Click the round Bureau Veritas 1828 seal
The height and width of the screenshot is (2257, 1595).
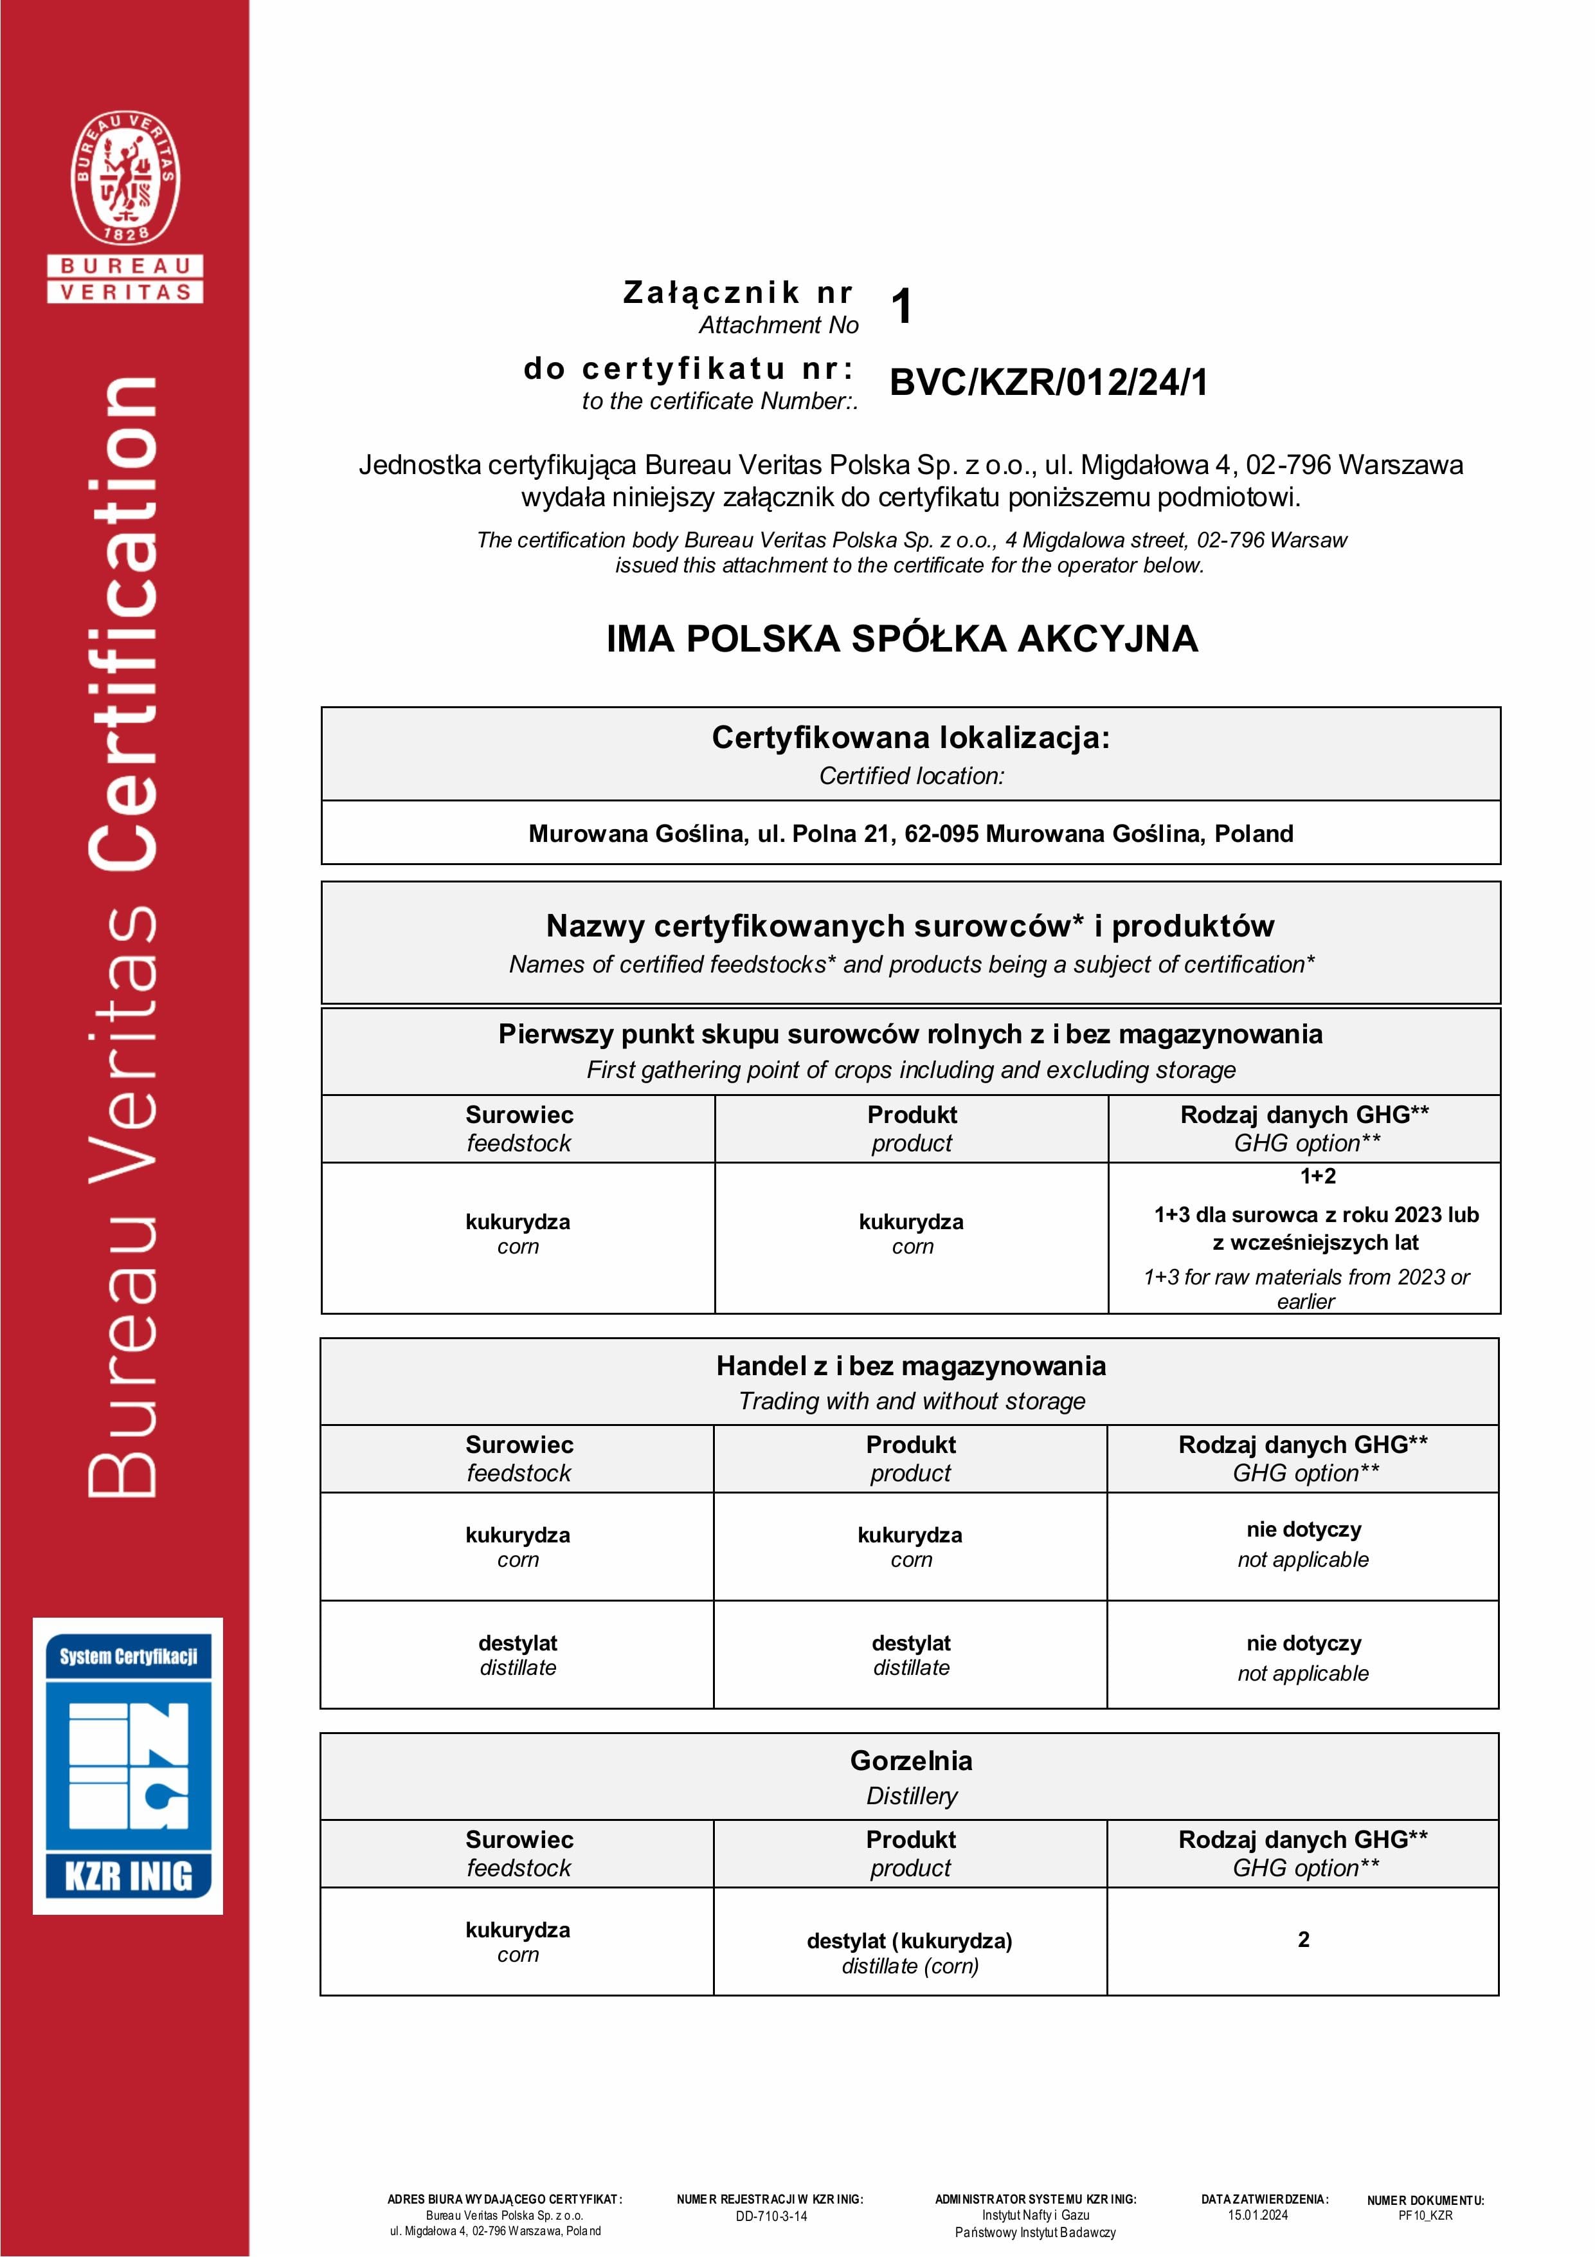(125, 178)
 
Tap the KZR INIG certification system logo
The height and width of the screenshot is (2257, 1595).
(128, 1766)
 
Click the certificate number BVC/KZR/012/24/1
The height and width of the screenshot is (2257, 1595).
(1048, 383)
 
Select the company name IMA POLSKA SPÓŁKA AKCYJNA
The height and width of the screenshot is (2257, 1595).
(901, 639)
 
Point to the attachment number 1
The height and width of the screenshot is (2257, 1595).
(902, 306)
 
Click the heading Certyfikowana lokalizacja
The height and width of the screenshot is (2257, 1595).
(910, 737)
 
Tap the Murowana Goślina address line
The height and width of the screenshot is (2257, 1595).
(910, 834)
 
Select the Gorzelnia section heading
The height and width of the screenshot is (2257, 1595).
(910, 1760)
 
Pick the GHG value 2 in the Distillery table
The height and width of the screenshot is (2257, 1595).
(1303, 1939)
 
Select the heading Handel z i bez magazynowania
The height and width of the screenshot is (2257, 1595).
(910, 1366)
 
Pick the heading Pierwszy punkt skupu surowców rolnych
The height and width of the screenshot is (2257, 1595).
(910, 1034)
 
